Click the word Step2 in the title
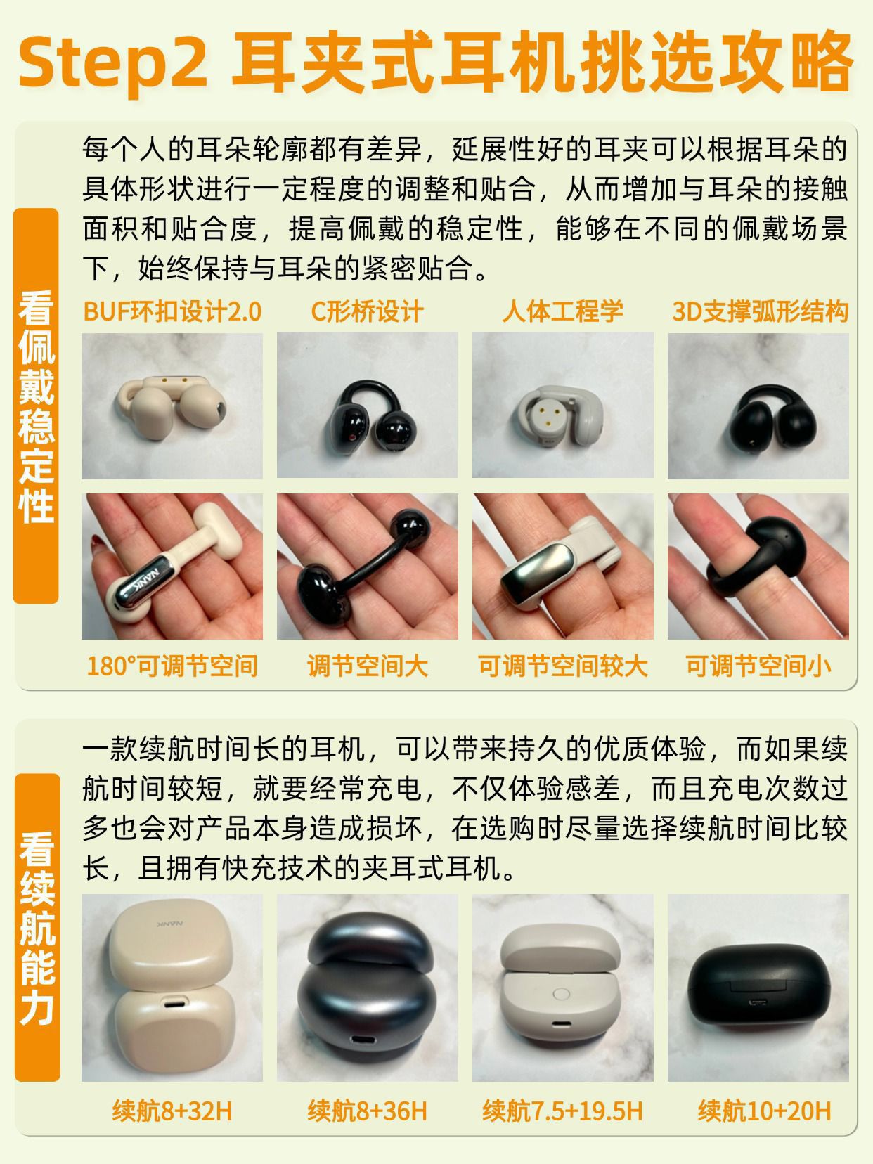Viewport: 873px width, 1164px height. pyautogui.click(x=113, y=63)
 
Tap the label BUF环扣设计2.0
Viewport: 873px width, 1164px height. pyautogui.click(x=172, y=312)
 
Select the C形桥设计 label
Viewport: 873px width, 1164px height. pyautogui.click(x=368, y=312)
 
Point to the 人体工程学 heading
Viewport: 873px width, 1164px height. pyautogui.click(x=563, y=312)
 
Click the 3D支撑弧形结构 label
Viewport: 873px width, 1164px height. pyautogui.click(x=760, y=312)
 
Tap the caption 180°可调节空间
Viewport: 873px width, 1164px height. pyautogui.click(x=172, y=666)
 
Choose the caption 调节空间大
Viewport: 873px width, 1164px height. pyautogui.click(x=368, y=666)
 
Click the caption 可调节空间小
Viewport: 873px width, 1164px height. pyautogui.click(x=758, y=666)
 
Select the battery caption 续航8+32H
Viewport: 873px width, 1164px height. pyautogui.click(x=172, y=1111)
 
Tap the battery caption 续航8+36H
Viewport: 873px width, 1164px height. pyautogui.click(x=368, y=1111)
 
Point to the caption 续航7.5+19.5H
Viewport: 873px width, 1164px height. pyautogui.click(x=563, y=1111)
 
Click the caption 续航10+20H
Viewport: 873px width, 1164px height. pyautogui.click(x=764, y=1111)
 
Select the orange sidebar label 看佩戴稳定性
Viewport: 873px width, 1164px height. pyautogui.click(x=36, y=406)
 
